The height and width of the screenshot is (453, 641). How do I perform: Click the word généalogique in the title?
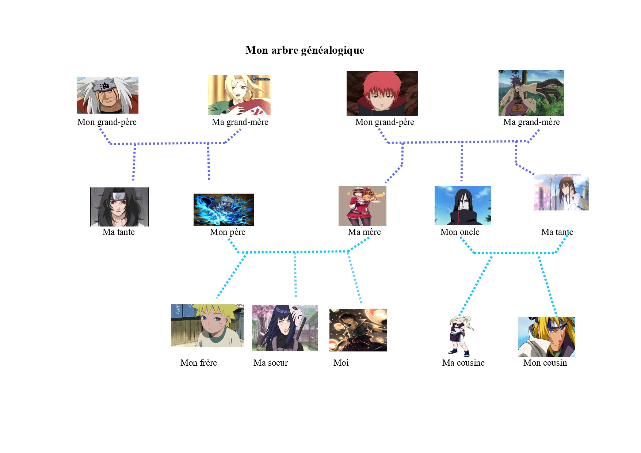click(x=333, y=50)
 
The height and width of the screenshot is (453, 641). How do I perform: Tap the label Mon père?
click(x=228, y=232)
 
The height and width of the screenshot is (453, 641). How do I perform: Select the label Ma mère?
click(x=364, y=232)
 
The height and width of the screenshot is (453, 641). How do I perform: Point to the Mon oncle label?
click(x=460, y=232)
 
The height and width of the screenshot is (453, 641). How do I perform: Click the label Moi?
click(x=341, y=363)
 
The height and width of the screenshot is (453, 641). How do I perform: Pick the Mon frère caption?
click(x=198, y=363)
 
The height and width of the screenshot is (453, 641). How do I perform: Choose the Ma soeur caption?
click(x=271, y=363)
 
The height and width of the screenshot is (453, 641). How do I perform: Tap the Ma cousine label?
click(x=463, y=363)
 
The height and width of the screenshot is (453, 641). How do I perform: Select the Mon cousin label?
click(x=545, y=363)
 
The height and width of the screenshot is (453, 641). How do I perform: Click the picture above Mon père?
click(x=224, y=210)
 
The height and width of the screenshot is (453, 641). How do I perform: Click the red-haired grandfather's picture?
click(x=382, y=94)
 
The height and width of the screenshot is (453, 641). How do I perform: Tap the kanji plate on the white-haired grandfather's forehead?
click(x=104, y=86)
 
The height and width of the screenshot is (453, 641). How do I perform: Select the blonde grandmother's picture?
click(x=239, y=95)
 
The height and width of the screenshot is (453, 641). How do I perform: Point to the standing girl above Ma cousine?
click(x=461, y=336)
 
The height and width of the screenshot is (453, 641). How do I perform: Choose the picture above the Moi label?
click(x=358, y=330)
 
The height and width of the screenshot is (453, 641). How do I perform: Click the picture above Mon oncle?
click(x=462, y=205)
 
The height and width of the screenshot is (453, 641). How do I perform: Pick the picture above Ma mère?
click(x=362, y=206)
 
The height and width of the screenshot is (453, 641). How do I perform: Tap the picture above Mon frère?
click(x=207, y=326)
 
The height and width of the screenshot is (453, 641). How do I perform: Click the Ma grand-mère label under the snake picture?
click(x=531, y=122)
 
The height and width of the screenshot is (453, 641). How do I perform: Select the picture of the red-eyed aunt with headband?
click(x=119, y=207)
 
